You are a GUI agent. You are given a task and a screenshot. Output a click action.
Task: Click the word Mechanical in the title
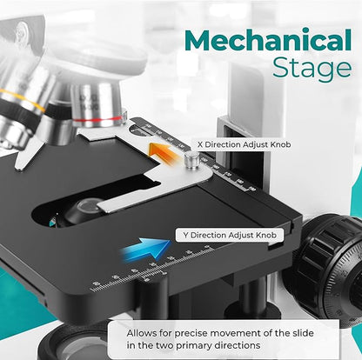268,41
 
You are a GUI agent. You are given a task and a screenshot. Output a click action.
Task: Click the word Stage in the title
312,68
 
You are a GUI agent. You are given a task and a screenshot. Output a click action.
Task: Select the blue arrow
146,249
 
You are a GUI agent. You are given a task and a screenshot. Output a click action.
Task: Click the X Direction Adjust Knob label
244,144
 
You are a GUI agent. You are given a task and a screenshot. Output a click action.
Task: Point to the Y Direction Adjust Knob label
230,235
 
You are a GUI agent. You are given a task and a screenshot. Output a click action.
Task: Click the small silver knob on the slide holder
191,160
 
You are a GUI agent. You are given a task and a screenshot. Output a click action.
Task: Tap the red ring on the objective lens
99,119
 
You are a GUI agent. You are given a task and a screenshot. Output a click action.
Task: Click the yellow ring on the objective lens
23,100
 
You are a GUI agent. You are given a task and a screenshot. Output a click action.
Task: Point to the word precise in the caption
191,333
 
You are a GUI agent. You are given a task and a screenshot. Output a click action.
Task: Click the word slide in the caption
302,333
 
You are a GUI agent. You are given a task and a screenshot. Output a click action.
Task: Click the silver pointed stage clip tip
19,168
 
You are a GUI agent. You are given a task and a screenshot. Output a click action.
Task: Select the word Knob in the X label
280,144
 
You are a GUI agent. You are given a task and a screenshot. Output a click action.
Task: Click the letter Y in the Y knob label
186,235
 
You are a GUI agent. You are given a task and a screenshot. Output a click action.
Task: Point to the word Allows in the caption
142,333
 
